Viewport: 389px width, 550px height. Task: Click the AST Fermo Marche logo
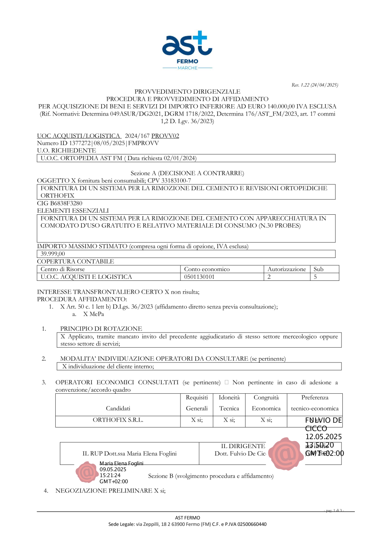[187, 50]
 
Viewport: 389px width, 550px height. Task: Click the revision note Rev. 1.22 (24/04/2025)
[315, 85]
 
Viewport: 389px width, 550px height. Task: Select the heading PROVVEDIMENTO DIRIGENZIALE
[187, 91]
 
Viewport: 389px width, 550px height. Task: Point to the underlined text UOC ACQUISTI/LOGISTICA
[79, 136]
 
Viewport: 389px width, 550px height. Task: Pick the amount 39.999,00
[53, 254]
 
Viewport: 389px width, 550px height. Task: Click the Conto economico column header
[207, 269]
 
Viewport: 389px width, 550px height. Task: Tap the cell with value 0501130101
[199, 277]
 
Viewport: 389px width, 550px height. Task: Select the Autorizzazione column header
[287, 269]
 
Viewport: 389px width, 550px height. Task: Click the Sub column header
[318, 269]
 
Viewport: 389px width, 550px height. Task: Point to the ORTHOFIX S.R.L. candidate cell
[118, 420]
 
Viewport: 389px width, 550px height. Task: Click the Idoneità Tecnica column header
[229, 403]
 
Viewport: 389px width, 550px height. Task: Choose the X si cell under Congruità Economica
[266, 420]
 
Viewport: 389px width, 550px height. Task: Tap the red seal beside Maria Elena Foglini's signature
[87, 472]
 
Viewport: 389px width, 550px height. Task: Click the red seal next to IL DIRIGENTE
[286, 454]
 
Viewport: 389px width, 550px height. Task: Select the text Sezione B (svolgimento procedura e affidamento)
[211, 476]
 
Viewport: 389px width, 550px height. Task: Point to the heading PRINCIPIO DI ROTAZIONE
[101, 329]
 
